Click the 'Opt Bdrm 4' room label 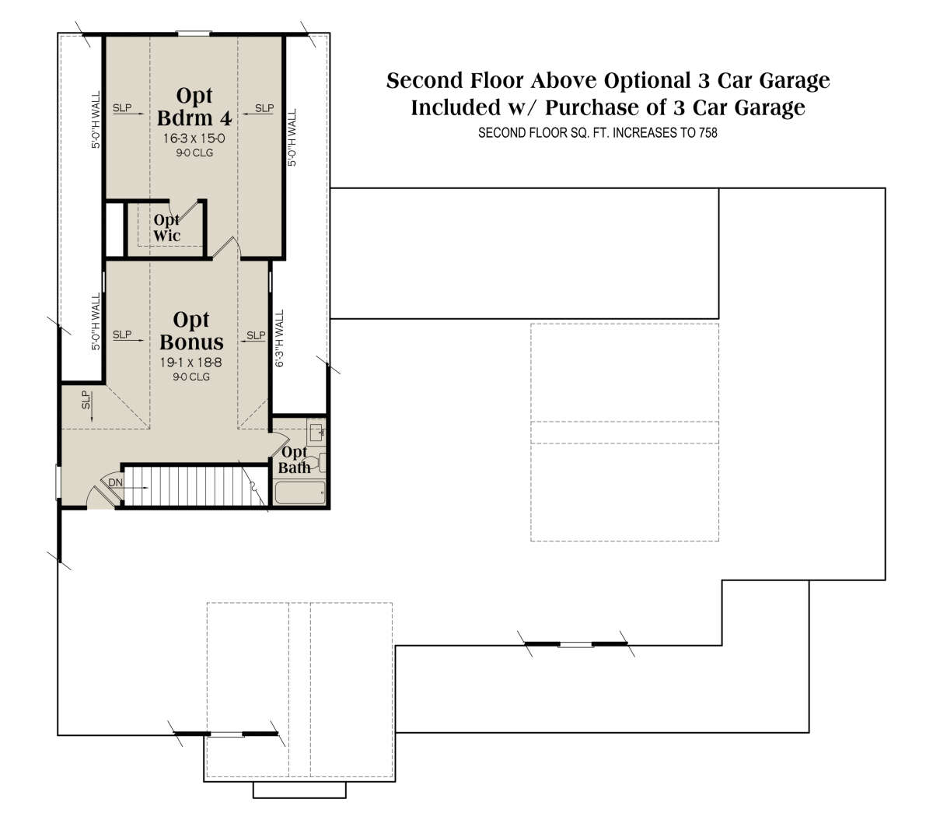coord(194,107)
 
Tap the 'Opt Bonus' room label coord(191,331)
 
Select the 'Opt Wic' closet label coord(166,228)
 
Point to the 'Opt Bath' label coord(294,460)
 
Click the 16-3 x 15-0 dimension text coord(194,138)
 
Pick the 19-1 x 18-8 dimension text coord(190,363)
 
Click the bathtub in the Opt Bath coord(300,492)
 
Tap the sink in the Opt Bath coord(316,433)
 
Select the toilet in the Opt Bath coord(319,462)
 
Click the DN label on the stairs coord(115,482)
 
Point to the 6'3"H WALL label coord(279,338)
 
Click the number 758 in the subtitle coord(708,133)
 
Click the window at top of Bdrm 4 coord(194,33)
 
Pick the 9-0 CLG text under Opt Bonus coord(191,377)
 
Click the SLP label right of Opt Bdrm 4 coord(264,108)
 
